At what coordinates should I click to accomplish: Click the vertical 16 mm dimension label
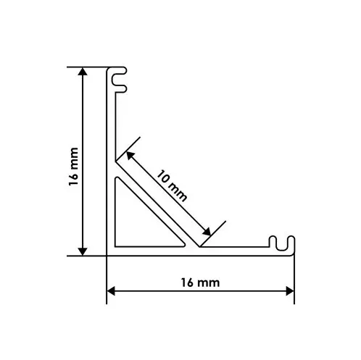pos(74,167)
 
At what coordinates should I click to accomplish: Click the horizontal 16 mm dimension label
pos(200,282)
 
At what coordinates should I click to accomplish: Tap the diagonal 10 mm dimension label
pos(172,185)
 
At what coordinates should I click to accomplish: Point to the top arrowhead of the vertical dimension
pos(83,72)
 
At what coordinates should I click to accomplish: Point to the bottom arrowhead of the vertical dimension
pos(83,251)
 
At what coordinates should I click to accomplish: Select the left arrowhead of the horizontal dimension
pos(111,291)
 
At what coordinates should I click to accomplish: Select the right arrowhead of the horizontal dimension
pos(290,291)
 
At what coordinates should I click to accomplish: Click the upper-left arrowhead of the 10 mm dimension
pos(130,156)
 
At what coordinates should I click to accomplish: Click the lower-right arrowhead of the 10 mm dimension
pos(207,232)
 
